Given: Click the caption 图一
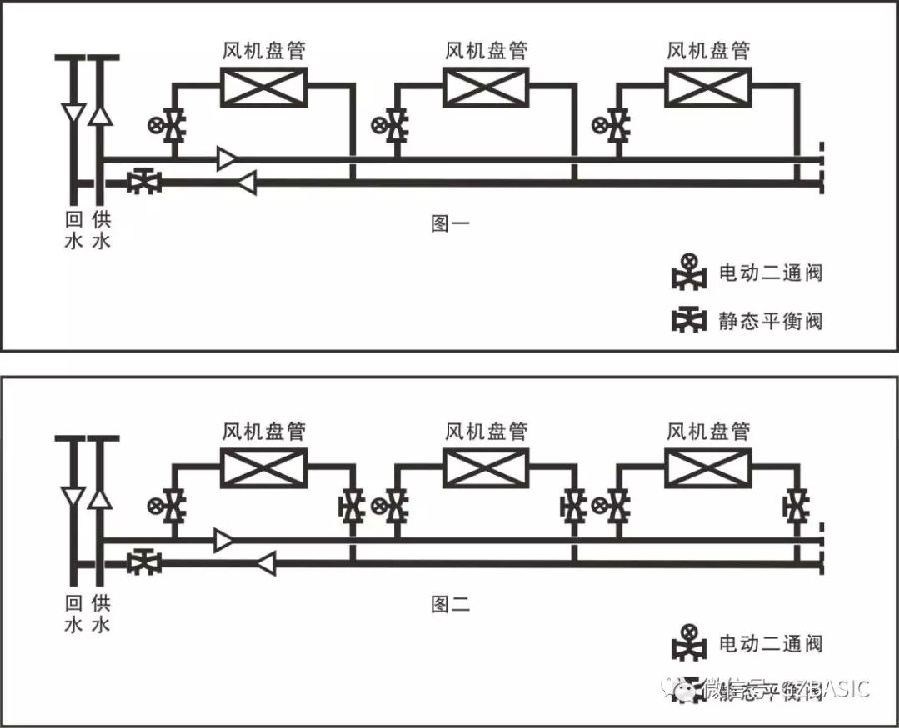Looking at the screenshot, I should [x=449, y=224].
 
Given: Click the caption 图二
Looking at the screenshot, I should [x=449, y=603].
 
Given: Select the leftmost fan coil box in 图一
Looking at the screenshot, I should [x=264, y=88].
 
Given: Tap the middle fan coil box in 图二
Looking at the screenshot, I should [x=486, y=467].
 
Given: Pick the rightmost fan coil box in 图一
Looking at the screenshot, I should [x=708, y=88].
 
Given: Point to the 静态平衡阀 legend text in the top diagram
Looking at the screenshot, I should [x=771, y=320].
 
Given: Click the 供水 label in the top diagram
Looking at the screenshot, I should [x=100, y=230].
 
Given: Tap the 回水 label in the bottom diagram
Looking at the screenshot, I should [x=73, y=613].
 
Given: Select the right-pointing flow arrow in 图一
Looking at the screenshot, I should [x=228, y=158].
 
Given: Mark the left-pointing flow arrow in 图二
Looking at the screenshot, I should [x=265, y=564].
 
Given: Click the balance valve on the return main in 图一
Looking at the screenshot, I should [x=146, y=182].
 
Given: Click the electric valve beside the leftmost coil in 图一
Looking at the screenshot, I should [x=174, y=126].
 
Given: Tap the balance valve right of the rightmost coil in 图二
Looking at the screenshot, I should [x=796, y=506].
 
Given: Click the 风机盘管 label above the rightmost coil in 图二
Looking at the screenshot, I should [x=708, y=431].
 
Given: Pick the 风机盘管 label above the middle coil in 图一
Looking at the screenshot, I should [x=486, y=50].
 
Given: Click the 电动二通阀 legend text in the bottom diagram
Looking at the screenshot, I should [x=771, y=644].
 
